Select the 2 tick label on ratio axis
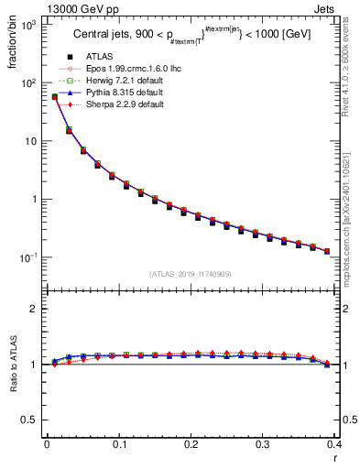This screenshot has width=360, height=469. click(33, 309)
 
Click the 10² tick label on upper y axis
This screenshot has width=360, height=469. click(27, 83)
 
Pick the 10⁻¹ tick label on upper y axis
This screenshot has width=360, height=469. click(27, 258)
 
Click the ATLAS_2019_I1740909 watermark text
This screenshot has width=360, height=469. click(191, 274)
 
